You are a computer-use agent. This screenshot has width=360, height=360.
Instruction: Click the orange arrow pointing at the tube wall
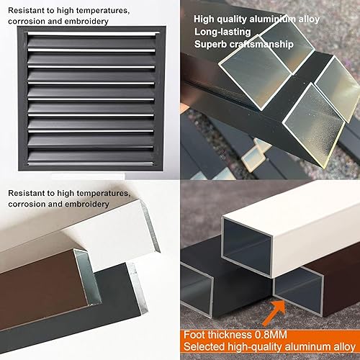pos(274,312)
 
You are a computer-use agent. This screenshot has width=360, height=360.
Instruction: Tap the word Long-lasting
pos(222,32)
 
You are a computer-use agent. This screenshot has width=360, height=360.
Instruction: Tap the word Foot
pos(194,335)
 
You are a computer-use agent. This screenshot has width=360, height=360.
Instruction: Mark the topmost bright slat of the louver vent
pos(94,34)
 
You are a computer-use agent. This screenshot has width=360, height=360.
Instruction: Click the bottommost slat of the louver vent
pos(91,163)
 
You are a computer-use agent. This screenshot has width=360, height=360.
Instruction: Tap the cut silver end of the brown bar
pos(87,276)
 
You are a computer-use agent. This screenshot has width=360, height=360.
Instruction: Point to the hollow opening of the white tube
pos(248,247)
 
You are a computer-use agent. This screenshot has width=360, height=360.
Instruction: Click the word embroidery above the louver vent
pos(86,21)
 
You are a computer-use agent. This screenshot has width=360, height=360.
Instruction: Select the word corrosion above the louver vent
pos(27,21)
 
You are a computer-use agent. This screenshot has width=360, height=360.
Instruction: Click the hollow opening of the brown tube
pos(298,290)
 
